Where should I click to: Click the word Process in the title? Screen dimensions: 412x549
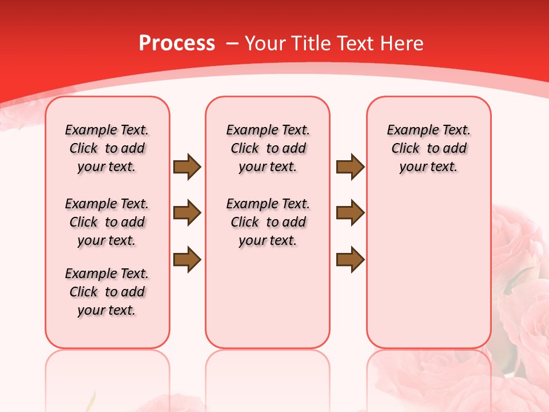[177, 43]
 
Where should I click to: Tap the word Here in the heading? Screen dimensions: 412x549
[401, 43]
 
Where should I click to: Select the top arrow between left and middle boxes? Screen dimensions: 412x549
[187, 167]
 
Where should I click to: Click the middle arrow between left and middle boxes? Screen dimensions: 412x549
[187, 213]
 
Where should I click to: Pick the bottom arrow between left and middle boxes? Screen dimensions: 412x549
[187, 259]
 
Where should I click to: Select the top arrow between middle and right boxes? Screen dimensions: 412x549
[350, 167]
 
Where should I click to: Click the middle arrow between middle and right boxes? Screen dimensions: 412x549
[350, 213]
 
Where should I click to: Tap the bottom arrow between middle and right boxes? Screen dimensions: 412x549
[350, 259]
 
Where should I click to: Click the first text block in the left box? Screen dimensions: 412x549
[107, 148]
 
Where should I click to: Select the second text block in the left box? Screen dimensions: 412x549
[107, 222]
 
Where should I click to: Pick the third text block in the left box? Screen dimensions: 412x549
[107, 292]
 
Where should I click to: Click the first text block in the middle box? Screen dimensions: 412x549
[268, 148]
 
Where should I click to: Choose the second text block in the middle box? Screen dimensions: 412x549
[268, 222]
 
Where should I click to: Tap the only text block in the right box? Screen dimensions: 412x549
[428, 148]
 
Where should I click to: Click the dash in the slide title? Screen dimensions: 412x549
[232, 43]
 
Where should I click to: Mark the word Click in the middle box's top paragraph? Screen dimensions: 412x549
[245, 148]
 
